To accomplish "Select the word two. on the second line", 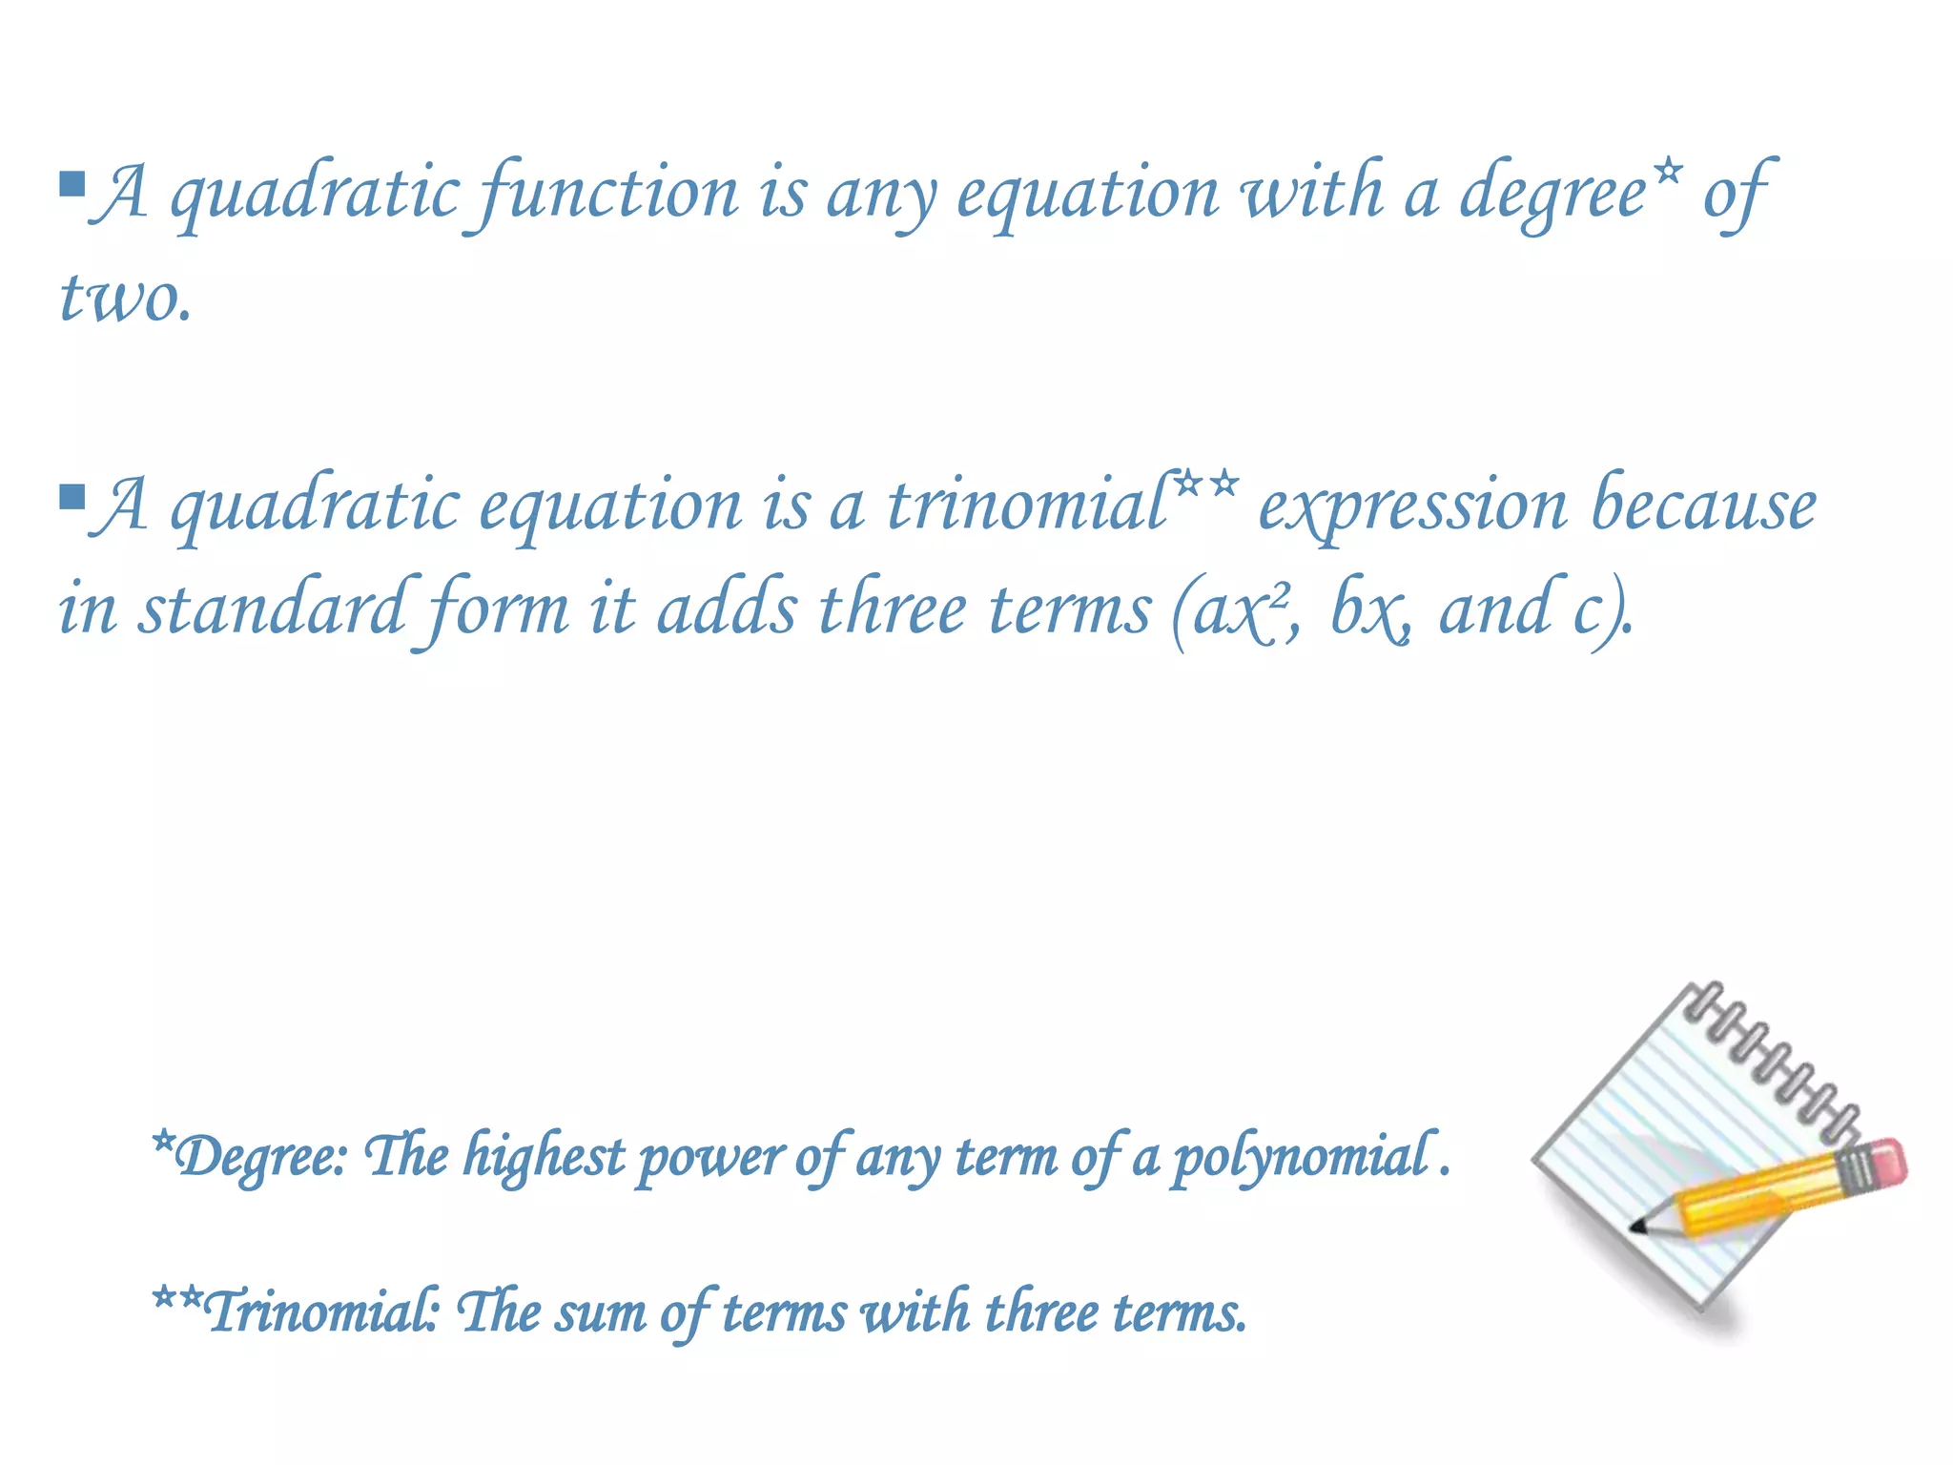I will (125, 298).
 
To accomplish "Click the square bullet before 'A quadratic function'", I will (72, 183).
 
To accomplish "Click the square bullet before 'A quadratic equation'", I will (72, 497).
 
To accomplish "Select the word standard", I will (271, 610).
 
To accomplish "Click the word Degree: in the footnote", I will (257, 1157).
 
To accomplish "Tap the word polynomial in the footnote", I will (1303, 1157).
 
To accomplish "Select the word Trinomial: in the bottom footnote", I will (319, 1311).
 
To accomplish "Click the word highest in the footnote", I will (544, 1157).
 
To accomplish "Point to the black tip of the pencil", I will (1637, 1226).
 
